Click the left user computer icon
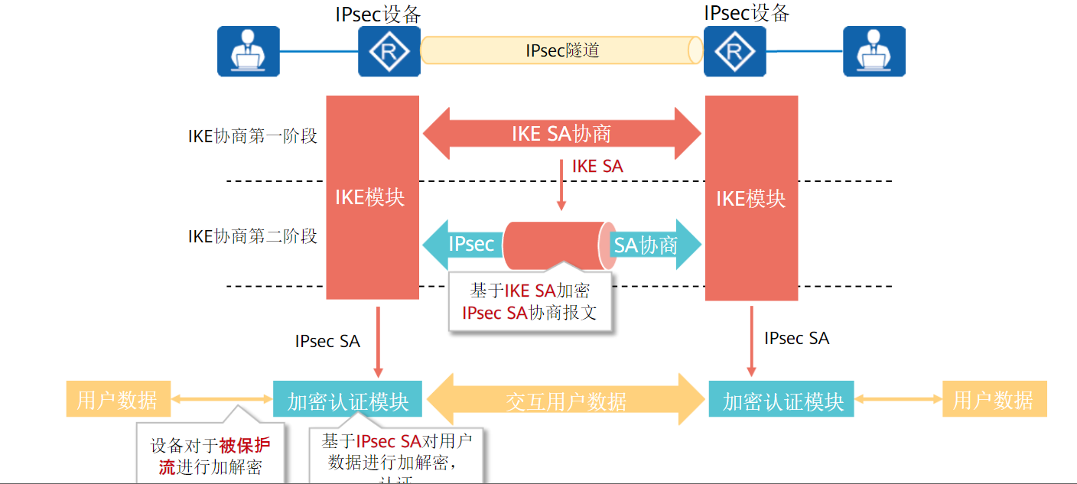[x=249, y=51]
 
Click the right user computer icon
[x=874, y=51]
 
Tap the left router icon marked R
[x=389, y=51]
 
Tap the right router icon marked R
[x=734, y=51]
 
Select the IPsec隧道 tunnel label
[x=562, y=50]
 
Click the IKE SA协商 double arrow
[x=561, y=134]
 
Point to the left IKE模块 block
[x=373, y=197]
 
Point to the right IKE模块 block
[x=751, y=197]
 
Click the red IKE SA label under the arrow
[x=597, y=167]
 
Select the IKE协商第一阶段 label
[x=252, y=136]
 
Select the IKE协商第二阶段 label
[x=252, y=236]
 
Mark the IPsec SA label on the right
[x=796, y=338]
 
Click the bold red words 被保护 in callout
[x=244, y=446]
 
